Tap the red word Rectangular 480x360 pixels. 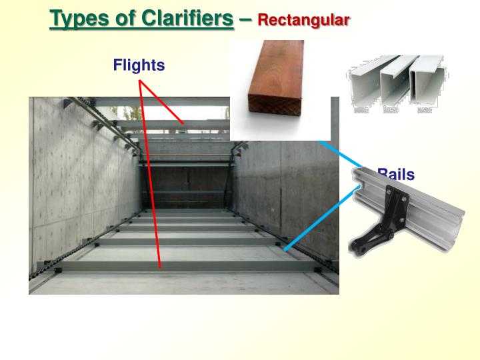(x=303, y=20)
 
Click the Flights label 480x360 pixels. (x=139, y=65)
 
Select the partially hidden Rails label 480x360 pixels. (x=396, y=175)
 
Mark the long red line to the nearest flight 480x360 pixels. (x=150, y=173)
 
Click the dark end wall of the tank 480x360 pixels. (x=187, y=187)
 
